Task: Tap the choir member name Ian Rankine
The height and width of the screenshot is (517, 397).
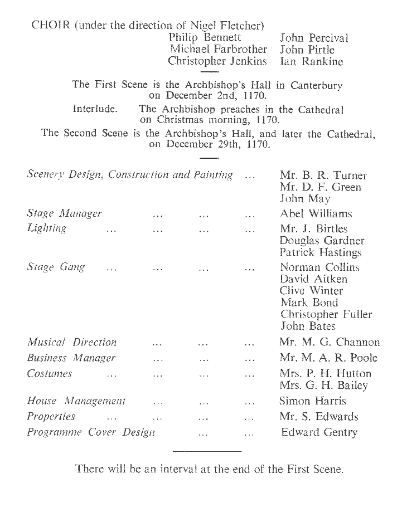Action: coord(311,61)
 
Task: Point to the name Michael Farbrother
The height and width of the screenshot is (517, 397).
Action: coord(219,50)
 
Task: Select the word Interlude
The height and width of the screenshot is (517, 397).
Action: coord(95,109)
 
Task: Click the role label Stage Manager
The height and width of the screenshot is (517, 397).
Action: coord(64,213)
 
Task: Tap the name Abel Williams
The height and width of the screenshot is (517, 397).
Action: coord(316,213)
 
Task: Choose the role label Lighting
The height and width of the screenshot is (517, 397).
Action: coord(47,228)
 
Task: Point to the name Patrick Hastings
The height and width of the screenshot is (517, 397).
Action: coord(321,252)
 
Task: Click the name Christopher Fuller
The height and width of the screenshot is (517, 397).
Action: coord(326,315)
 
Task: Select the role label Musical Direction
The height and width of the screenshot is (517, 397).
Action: coord(72,343)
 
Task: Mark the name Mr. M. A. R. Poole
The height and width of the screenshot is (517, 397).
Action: coord(328,358)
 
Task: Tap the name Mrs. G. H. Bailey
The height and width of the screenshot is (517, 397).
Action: coord(323,386)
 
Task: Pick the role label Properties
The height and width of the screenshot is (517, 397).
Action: coord(51,417)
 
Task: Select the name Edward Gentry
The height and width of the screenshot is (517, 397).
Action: coord(319,432)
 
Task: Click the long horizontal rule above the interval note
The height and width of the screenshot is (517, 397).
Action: coord(207,450)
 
